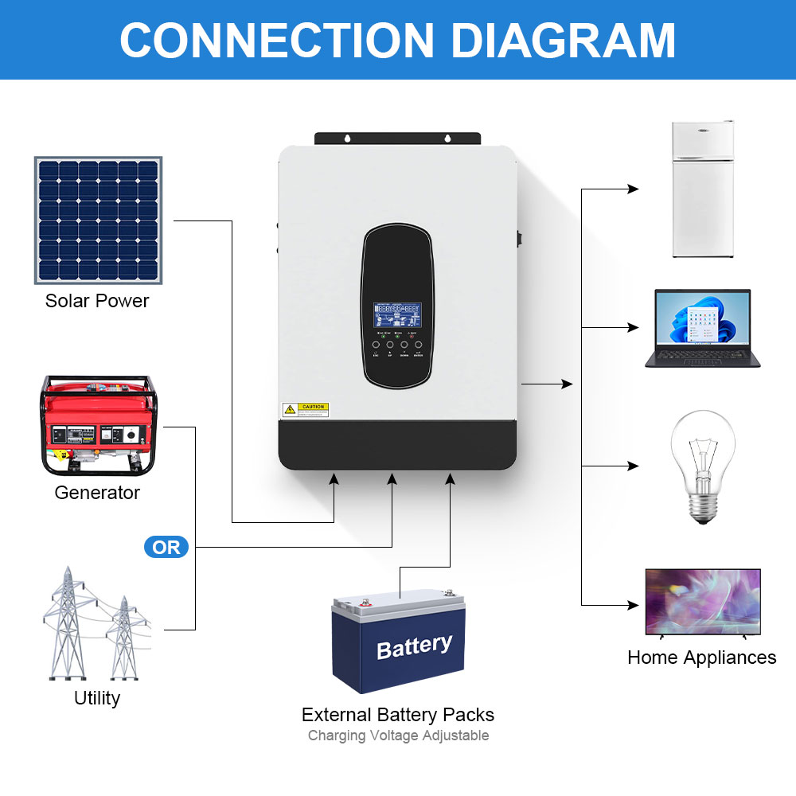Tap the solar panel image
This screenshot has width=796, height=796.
98,220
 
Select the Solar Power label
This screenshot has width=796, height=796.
97,301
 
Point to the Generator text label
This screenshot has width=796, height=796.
97,493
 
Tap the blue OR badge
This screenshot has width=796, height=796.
166,548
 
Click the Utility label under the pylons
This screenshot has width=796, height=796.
97,698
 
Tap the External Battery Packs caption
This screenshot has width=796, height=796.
398,714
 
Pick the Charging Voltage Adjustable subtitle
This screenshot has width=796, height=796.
398,736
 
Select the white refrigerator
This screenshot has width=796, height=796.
702,189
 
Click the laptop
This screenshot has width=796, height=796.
702,328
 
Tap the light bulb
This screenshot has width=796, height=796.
701,466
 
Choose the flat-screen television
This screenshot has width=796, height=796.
702,602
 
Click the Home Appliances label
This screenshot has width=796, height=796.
701,657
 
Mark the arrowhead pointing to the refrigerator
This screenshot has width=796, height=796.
634,189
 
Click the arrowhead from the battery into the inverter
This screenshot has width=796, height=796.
451,478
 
